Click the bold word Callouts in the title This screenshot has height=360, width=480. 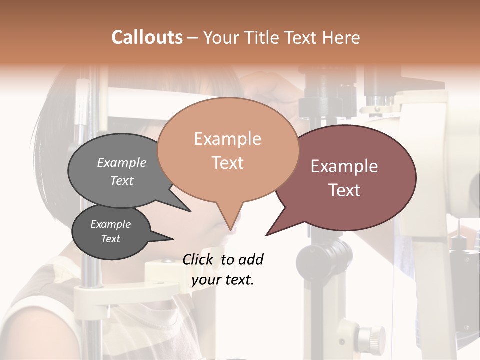[147, 37]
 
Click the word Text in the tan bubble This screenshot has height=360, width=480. [227, 162]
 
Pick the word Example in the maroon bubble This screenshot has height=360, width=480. [344, 166]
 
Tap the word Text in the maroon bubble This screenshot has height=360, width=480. [344, 190]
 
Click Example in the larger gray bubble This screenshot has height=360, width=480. [121, 162]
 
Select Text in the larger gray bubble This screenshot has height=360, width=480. [121, 180]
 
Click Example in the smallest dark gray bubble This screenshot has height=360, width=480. [110, 224]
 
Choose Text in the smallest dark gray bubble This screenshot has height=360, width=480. [110, 239]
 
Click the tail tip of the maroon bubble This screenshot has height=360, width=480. [267, 235]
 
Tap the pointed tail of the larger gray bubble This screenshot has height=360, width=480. [190, 211]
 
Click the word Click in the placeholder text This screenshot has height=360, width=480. [199, 259]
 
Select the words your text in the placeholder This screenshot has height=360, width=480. [223, 280]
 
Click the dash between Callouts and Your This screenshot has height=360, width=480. [193, 38]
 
